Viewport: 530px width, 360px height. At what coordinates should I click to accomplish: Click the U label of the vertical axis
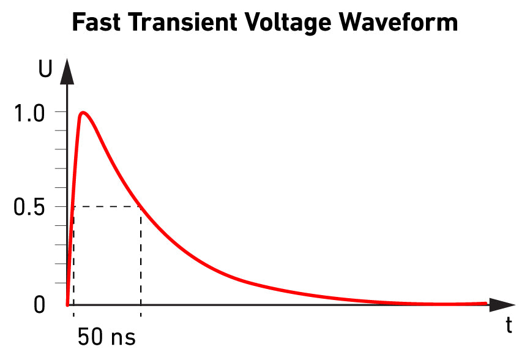(45, 70)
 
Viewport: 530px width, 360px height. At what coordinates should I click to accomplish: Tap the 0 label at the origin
(39, 304)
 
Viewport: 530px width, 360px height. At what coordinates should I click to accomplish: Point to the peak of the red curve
(83, 113)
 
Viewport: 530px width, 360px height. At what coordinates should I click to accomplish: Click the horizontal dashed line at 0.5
(107, 207)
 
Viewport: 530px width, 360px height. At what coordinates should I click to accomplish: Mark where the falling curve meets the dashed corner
(141, 207)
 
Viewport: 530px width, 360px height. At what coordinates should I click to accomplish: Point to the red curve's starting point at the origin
(67, 304)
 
